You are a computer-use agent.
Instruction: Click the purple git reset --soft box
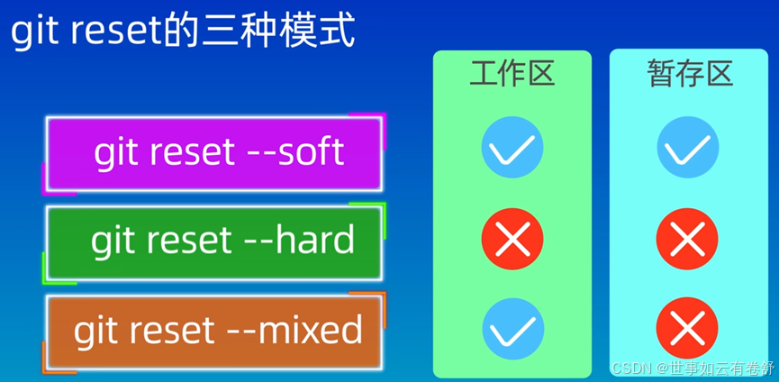pyautogui.click(x=214, y=153)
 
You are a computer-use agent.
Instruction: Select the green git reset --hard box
pyautogui.click(x=214, y=243)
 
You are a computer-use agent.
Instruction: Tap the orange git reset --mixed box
pyautogui.click(x=214, y=332)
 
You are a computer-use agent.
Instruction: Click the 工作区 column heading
pyautogui.click(x=512, y=75)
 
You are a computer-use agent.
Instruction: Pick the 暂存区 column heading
pyautogui.click(x=690, y=75)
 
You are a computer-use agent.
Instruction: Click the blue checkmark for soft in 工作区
pyautogui.click(x=512, y=147)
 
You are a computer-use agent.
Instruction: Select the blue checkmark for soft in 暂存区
pyautogui.click(x=687, y=147)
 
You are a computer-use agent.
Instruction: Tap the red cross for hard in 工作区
pyautogui.click(x=512, y=239)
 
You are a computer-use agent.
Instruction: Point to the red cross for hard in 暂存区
pyautogui.click(x=687, y=239)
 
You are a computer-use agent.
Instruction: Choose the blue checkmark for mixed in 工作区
pyautogui.click(x=513, y=329)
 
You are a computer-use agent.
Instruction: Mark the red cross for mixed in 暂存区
pyautogui.click(x=687, y=328)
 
